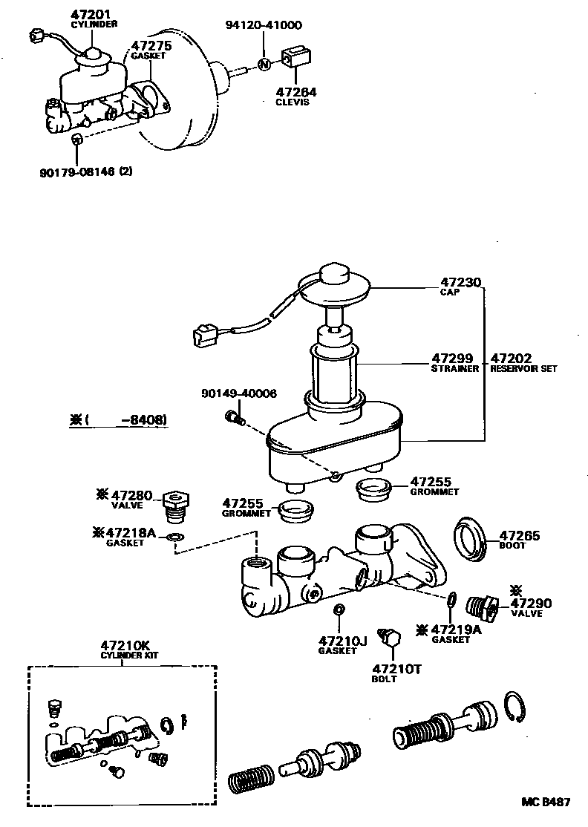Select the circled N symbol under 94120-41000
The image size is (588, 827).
tap(264, 64)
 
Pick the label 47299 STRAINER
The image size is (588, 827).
tap(454, 362)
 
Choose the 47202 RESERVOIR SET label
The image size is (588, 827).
tap(522, 362)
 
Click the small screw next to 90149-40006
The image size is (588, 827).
tap(234, 419)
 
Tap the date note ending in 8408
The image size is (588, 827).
tap(119, 420)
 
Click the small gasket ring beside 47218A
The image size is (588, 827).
tap(175, 537)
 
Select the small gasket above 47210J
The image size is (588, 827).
tap(339, 610)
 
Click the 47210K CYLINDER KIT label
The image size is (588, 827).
tap(122, 650)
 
